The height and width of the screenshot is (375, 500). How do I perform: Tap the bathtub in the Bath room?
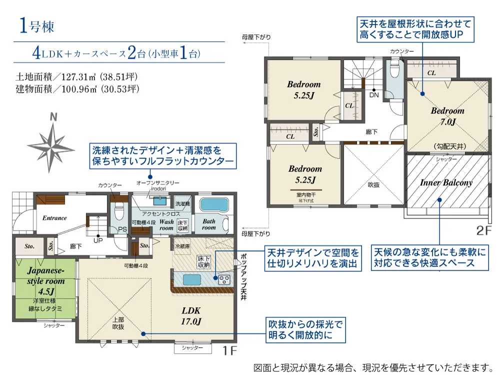pyautogui.click(x=213, y=204)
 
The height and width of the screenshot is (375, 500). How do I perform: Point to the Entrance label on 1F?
pyautogui.click(x=54, y=218)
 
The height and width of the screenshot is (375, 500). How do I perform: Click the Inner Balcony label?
pyautogui.click(x=446, y=182)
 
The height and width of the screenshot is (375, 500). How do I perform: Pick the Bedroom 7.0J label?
pyautogui.click(x=447, y=115)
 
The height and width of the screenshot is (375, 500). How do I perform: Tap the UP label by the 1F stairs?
pyautogui.click(x=98, y=240)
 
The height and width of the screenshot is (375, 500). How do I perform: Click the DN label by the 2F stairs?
pyautogui.click(x=374, y=94)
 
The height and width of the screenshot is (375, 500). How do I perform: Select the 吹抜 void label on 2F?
pyautogui.click(x=374, y=184)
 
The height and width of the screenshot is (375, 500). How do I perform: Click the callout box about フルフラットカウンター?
pyautogui.click(x=162, y=155)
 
